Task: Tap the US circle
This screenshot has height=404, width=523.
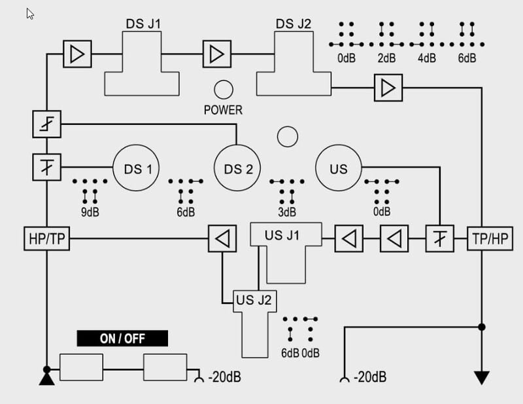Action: pos(339,168)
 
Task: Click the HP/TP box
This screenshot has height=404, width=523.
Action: pos(46,240)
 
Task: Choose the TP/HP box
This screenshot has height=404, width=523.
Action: pos(488,240)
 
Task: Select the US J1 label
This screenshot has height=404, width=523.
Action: pos(282,234)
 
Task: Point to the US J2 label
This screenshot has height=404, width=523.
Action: pos(256,301)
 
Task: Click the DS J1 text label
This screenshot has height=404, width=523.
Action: pos(143,24)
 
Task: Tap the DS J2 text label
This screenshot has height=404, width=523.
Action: pos(294,24)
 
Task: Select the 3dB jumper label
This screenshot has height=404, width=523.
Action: pos(287,211)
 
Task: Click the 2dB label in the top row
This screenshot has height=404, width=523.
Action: pos(386,58)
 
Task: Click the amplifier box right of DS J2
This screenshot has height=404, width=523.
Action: pos(388,87)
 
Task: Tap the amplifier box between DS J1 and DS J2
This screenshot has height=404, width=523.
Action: pos(216,54)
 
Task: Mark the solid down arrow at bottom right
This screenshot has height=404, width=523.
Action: pos(482,378)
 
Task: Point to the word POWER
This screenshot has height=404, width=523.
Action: pos(223,109)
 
